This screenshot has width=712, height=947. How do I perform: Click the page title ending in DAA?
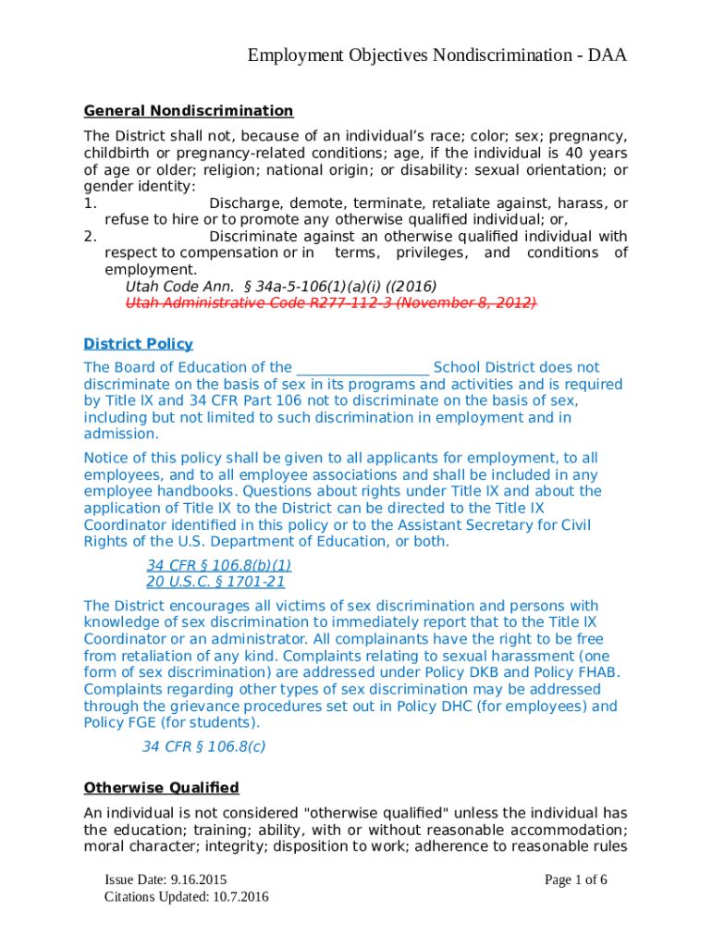(437, 56)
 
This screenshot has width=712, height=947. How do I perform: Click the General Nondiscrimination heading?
(189, 111)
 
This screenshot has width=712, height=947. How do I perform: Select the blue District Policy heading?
(139, 344)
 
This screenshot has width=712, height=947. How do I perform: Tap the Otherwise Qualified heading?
(162, 788)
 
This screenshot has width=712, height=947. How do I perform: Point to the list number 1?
(89, 203)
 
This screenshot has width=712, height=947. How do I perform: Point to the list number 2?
(89, 237)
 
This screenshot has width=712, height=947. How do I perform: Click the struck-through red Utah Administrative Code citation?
(331, 303)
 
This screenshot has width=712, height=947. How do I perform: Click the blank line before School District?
(362, 368)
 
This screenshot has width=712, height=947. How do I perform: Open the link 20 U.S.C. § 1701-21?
(215, 583)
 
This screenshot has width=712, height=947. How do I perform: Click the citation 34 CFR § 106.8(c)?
(203, 747)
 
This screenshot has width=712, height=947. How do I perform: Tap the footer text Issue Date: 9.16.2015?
(166, 879)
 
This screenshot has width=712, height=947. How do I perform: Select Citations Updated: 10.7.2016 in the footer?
(187, 897)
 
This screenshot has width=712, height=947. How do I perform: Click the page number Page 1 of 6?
(575, 879)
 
